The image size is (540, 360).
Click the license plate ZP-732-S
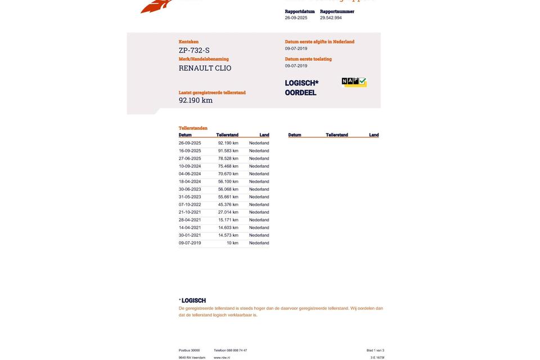[x=194, y=51]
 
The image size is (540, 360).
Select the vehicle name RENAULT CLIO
[x=205, y=68]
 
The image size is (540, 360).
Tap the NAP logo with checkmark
[x=354, y=82]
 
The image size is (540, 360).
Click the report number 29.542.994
[x=331, y=18]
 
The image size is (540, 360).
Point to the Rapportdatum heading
[x=300, y=11]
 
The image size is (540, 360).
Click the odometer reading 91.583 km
[x=228, y=151]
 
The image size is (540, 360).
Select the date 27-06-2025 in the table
[x=190, y=159]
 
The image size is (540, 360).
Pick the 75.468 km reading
[x=228, y=166]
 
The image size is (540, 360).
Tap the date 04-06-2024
[x=190, y=174]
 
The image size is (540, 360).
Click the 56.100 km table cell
[x=228, y=182]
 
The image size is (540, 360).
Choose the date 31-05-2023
[x=190, y=197]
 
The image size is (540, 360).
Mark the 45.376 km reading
[x=228, y=205]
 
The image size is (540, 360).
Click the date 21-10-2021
[x=190, y=213]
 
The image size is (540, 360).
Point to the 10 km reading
[x=232, y=243]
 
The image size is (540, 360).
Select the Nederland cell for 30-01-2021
[x=259, y=236]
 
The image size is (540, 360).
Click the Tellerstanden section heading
[x=193, y=128]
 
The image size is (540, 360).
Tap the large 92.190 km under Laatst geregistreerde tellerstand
[x=196, y=101]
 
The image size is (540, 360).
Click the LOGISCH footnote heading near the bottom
[x=193, y=300]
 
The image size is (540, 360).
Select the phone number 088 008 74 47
[x=237, y=350]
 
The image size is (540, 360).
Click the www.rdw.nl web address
[x=222, y=358]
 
